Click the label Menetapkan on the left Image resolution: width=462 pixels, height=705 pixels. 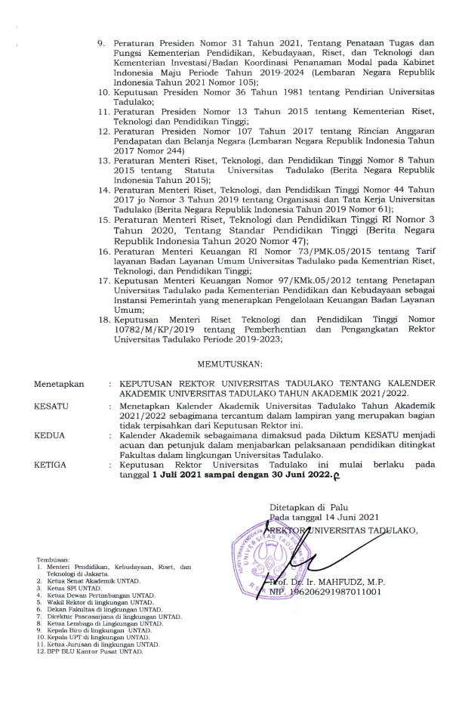tap(59, 385)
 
